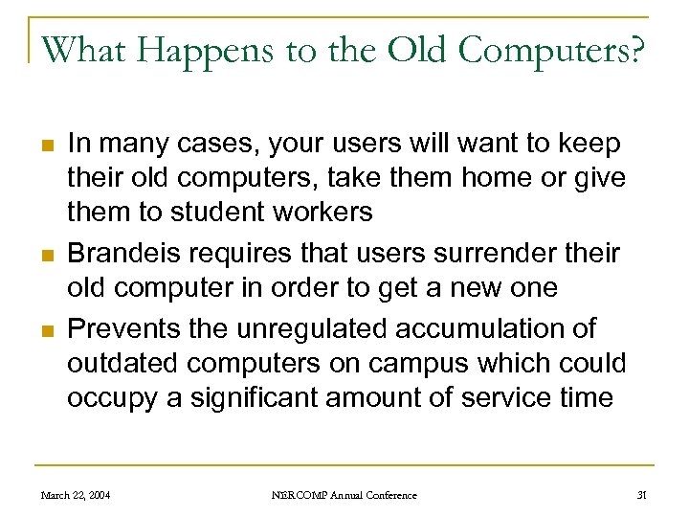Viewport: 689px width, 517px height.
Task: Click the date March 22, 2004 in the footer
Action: pyautogui.click(x=75, y=495)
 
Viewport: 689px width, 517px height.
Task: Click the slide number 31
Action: pyautogui.click(x=642, y=495)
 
